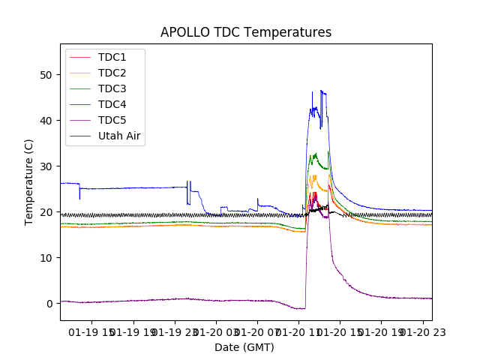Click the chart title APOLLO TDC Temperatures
[x=246, y=32]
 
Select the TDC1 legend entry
[x=112, y=57]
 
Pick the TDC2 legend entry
[x=112, y=73]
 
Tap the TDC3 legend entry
[x=112, y=88]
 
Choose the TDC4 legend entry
[x=112, y=104]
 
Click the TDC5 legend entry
[x=112, y=120]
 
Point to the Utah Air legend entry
[x=119, y=136]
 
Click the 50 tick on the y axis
[x=47, y=75]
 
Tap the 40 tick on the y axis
[x=47, y=121]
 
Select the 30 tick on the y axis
[x=47, y=166]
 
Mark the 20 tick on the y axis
[x=47, y=212]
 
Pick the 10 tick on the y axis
[x=47, y=258]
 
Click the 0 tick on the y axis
[x=50, y=304]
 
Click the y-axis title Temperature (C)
[x=29, y=181]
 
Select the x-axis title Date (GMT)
[x=244, y=347]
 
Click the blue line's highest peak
[x=321, y=91]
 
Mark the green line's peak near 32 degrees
[x=315, y=154]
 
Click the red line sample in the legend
[x=82, y=57]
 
